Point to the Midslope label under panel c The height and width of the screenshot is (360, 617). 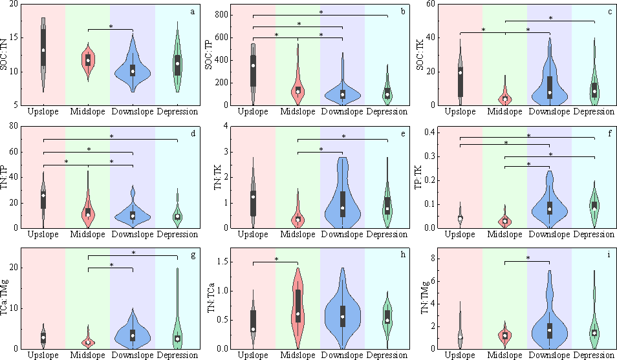click(505, 111)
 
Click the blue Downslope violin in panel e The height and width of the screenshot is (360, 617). click(343, 194)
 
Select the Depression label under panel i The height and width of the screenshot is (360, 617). click(593, 355)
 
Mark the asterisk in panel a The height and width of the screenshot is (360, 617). click(111, 27)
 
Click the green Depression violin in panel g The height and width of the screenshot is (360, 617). click(177, 330)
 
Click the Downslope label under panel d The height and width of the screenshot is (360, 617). click(133, 233)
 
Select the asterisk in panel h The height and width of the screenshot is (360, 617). click(276, 259)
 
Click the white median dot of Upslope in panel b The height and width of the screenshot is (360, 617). click(254, 65)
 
